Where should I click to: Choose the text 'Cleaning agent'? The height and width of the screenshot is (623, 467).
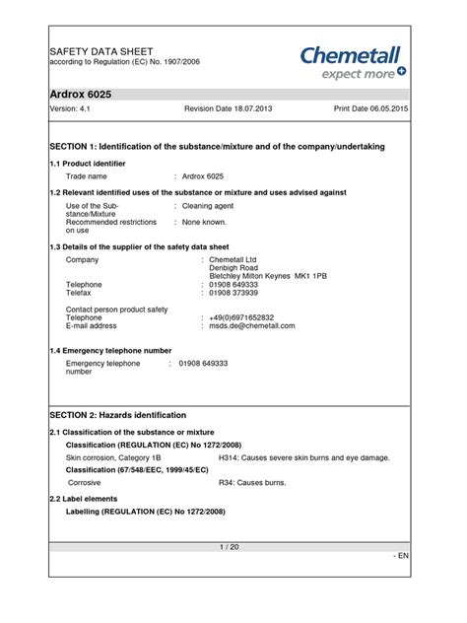click(210, 206)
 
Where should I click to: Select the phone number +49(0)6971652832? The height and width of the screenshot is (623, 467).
click(242, 317)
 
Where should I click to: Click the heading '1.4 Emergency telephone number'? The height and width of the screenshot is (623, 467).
click(110, 350)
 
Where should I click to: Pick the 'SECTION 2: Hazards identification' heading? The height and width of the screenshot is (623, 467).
click(117, 415)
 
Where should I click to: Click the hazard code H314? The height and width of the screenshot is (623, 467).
click(228, 457)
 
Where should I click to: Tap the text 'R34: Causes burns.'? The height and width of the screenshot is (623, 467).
click(251, 483)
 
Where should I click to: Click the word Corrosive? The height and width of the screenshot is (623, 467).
click(85, 483)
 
